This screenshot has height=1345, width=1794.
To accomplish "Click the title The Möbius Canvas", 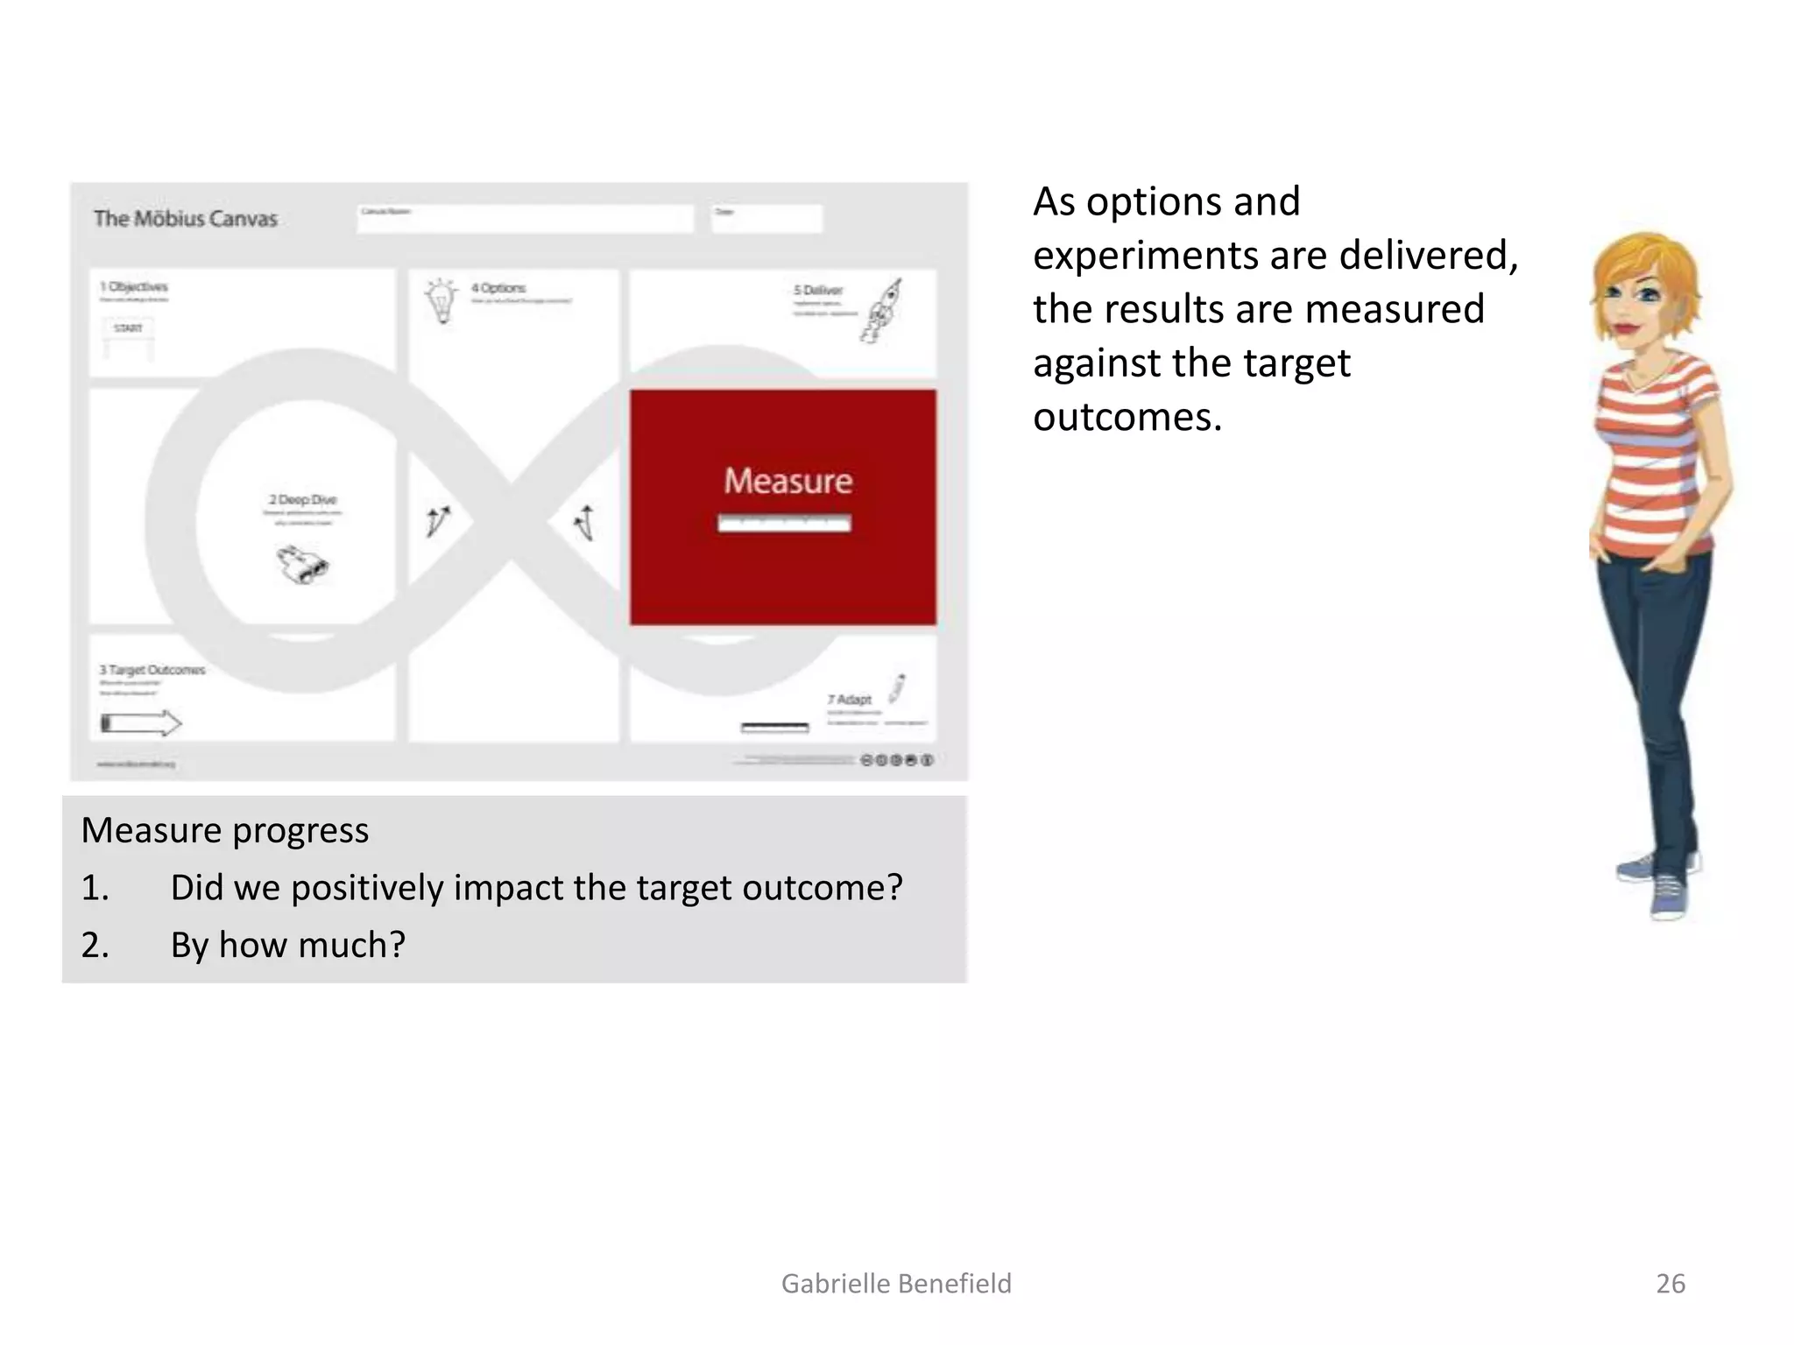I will [186, 219].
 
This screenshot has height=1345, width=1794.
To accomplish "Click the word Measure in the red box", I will [788, 481].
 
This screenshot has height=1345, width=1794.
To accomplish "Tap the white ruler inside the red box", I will [784, 524].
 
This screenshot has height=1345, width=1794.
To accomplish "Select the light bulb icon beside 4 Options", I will [441, 300].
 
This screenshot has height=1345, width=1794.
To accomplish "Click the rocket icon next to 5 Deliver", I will [884, 311].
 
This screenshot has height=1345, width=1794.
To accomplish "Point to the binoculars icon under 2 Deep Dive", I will [303, 565].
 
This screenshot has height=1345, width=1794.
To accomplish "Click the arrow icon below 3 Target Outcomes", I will [141, 723].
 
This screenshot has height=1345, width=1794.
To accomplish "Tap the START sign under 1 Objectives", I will [128, 328].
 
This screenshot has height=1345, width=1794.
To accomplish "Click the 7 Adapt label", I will [850, 700].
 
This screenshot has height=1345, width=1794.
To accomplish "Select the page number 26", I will [1670, 1284].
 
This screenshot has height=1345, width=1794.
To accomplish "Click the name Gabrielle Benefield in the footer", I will [896, 1284].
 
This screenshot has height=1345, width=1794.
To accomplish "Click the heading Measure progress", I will [225, 830].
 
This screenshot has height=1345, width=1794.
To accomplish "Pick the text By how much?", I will [287, 945].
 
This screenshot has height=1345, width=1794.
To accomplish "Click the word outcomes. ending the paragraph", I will [1127, 417].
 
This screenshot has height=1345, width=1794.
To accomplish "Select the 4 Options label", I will [498, 288].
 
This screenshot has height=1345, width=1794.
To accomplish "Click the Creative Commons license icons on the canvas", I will [897, 760].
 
